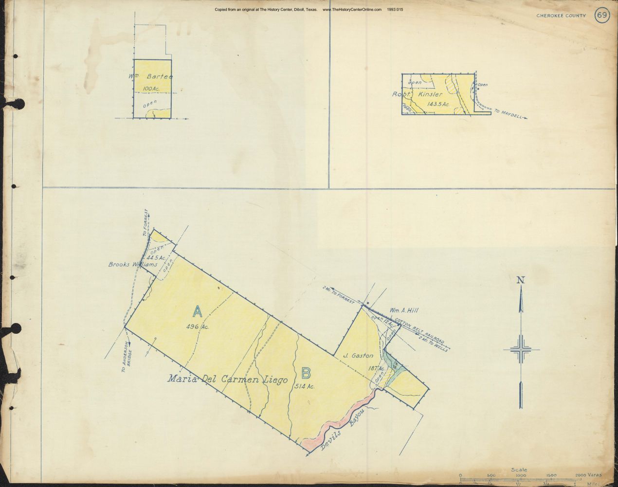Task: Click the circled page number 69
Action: click(601, 15)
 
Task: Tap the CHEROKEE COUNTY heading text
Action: click(562, 16)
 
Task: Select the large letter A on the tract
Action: click(198, 310)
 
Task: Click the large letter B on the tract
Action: click(306, 373)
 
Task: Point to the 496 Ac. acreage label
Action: click(198, 327)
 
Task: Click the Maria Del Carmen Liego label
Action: click(228, 379)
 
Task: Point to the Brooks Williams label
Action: click(133, 265)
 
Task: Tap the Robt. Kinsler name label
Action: click(417, 94)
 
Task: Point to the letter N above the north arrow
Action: click(521, 280)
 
